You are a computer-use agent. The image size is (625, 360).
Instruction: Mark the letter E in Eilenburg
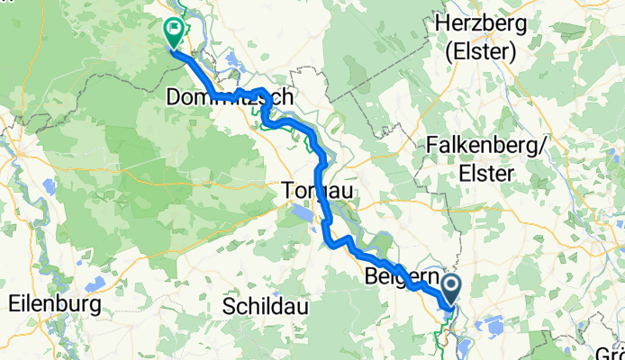(13, 304)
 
